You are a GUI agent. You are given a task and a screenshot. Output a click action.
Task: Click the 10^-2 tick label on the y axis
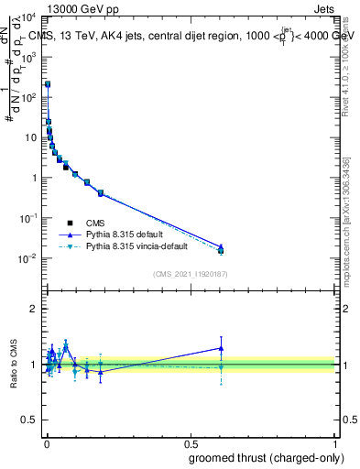(27, 258)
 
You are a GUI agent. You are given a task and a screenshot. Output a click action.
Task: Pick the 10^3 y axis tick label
(29, 57)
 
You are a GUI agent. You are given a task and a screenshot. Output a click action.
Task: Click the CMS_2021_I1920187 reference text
(189, 273)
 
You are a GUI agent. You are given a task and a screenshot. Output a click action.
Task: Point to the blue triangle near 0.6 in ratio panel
(220, 348)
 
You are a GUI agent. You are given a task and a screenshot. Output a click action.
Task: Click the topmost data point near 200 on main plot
(48, 84)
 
